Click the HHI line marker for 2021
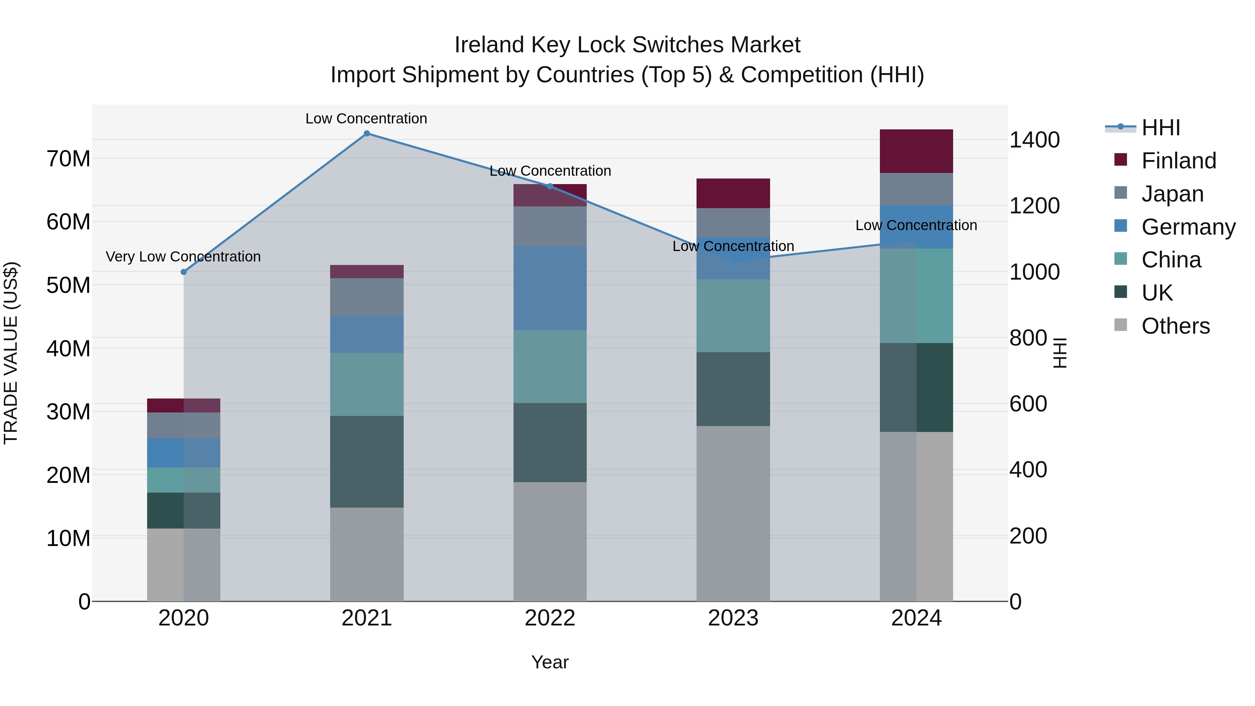[367, 134]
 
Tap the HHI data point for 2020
[184, 272]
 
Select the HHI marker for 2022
[550, 186]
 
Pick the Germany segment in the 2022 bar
[550, 288]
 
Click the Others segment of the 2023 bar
[733, 514]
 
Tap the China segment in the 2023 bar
[733, 316]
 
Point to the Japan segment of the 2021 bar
[367, 297]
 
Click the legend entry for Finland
[1179, 161]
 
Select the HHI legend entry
[1161, 128]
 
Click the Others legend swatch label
[1175, 326]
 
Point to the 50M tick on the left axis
[68, 286]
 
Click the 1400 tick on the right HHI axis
[1034, 140]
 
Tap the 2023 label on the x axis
[733, 618]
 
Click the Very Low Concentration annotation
[183, 256]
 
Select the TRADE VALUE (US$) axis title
[11, 353]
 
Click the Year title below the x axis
[550, 662]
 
